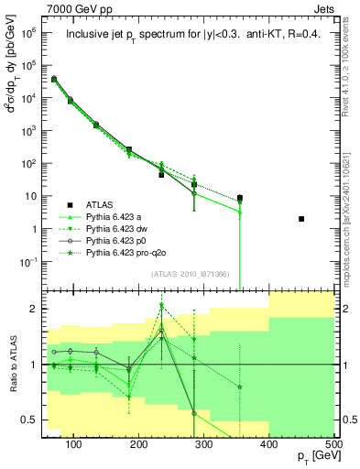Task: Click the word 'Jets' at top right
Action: [x=325, y=7]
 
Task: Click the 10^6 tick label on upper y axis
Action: [x=31, y=33]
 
